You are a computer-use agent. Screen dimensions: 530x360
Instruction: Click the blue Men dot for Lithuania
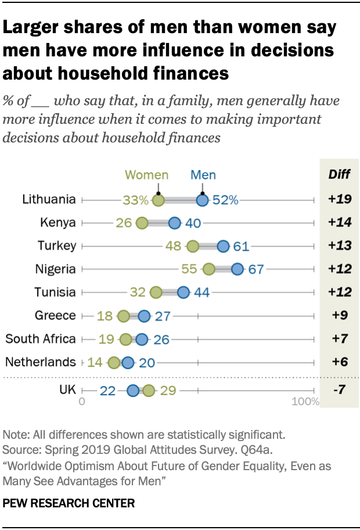(202, 200)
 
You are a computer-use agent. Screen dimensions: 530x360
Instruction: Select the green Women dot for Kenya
(142, 223)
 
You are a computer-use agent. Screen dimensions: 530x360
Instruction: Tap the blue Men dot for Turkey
(223, 246)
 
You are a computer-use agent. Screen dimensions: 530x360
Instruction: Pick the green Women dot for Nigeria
(209, 269)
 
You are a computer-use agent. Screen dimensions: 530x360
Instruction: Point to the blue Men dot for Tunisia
(183, 292)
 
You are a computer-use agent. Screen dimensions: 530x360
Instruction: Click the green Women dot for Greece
(124, 316)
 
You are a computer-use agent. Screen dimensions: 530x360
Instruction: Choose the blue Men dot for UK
(133, 391)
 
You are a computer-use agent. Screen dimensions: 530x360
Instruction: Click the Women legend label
(147, 175)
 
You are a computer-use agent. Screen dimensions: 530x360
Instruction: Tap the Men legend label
(203, 175)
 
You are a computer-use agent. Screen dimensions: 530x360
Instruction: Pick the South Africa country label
(41, 339)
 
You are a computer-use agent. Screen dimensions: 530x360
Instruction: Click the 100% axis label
(305, 402)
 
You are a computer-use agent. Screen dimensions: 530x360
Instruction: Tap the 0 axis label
(82, 402)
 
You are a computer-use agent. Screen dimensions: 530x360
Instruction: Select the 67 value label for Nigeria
(256, 270)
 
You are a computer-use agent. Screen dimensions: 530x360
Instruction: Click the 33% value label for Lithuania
(136, 200)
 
